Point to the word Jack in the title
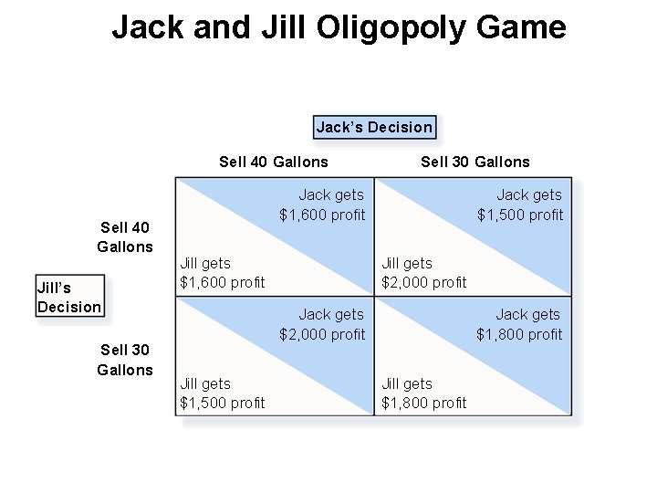click(x=147, y=28)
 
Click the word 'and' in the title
click(x=222, y=28)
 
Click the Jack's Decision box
click(x=374, y=127)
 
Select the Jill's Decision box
click(x=69, y=297)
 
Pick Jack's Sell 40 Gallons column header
click(x=274, y=162)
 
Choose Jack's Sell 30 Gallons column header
click(x=474, y=162)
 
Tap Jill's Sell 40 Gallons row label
click(x=125, y=236)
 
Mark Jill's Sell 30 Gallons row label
click(x=125, y=359)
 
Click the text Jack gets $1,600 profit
click(x=322, y=205)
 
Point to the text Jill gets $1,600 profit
click(x=222, y=272)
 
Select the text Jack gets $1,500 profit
click(x=521, y=205)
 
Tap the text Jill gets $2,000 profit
click(x=423, y=272)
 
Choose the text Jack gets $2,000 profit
click(x=322, y=324)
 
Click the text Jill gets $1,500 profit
click(x=222, y=393)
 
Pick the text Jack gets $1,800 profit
click(x=520, y=324)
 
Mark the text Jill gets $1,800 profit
click(x=423, y=393)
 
